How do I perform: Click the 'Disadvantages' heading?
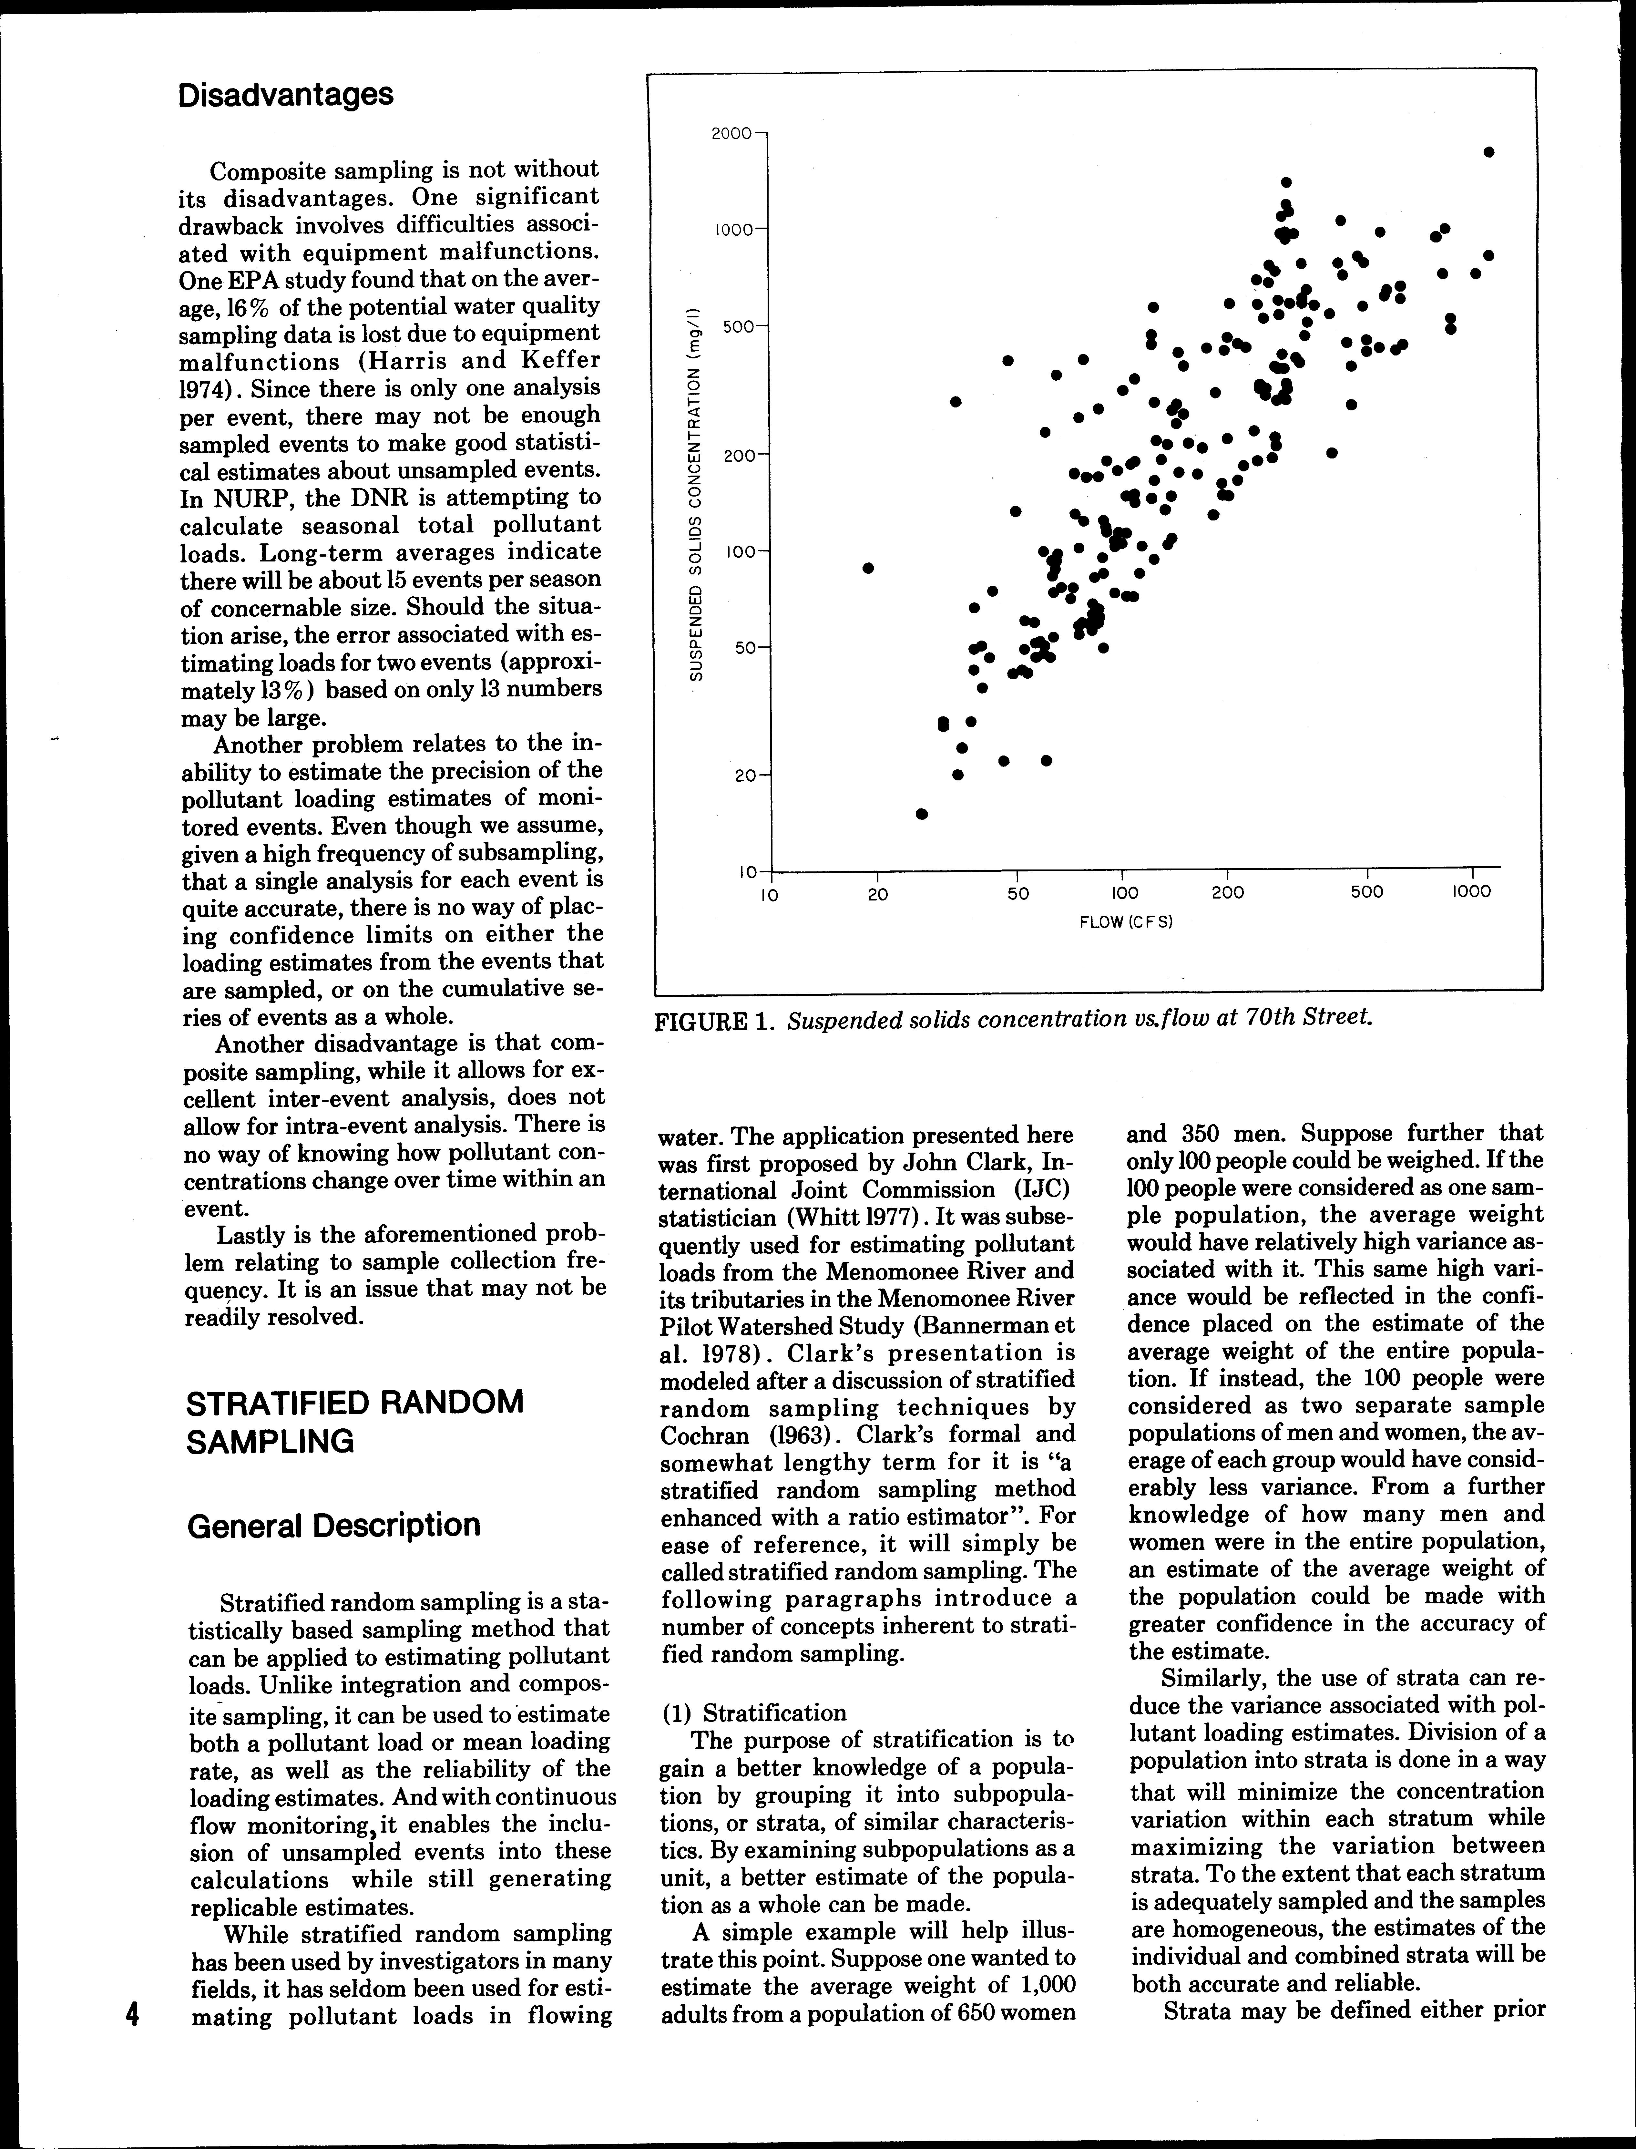coord(286,95)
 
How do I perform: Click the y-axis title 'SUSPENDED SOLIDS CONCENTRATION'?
coord(697,487)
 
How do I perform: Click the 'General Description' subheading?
coord(333,1525)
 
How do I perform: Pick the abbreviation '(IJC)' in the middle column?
coord(1039,1190)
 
